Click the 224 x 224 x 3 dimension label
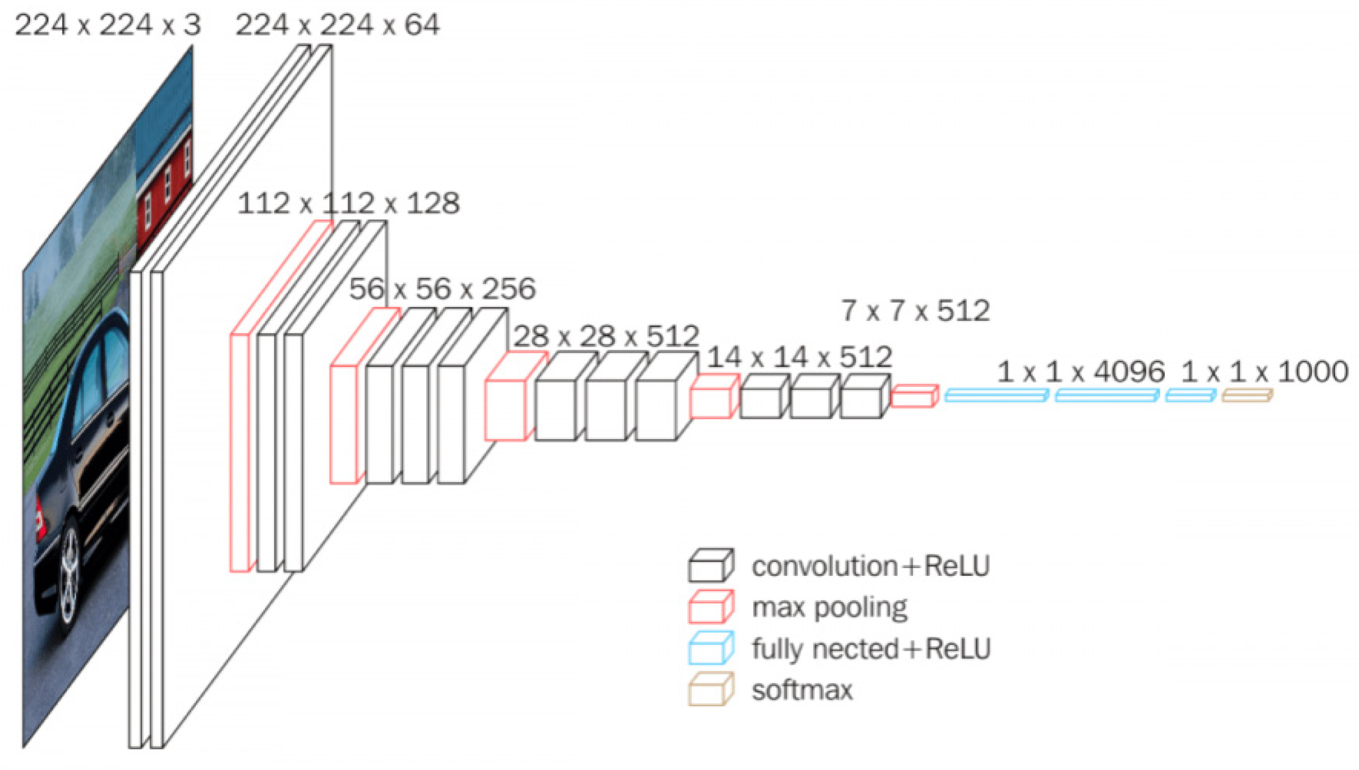point(108,25)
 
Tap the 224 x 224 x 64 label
point(337,25)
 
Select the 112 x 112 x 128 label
point(348,204)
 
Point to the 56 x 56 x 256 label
point(442,288)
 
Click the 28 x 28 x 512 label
point(606,336)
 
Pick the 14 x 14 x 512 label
point(799,357)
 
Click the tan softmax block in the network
point(1246,396)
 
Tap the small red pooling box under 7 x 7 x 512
point(914,396)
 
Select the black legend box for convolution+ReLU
point(710,566)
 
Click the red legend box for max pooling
point(710,607)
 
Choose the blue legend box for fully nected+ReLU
point(710,649)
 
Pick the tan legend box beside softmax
point(710,690)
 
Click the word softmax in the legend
point(802,690)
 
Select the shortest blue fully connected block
point(1190,396)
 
